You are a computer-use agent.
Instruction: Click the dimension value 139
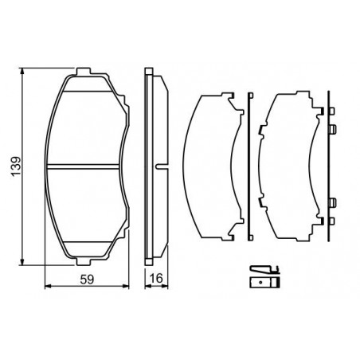[16, 167]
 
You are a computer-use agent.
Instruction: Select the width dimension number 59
[87, 280]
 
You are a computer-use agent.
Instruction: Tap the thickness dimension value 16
[156, 278]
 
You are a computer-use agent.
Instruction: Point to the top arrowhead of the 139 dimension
[22, 71]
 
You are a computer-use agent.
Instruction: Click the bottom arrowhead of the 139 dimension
[22, 261]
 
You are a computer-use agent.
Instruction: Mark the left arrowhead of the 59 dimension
[48, 286]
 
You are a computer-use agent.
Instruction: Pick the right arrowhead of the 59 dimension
[125, 286]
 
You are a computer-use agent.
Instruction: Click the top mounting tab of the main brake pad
[84, 71]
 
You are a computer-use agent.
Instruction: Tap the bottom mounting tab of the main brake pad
[84, 261]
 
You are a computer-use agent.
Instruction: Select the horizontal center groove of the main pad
[84, 166]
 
